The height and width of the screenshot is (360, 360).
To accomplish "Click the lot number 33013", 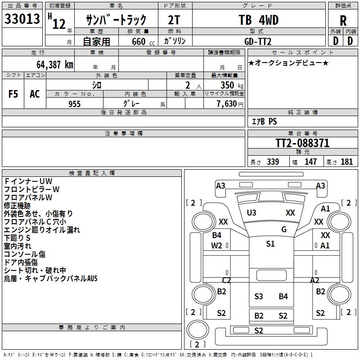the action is click(x=22, y=20).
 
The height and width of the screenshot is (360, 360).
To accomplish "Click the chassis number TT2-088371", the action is click(x=302, y=144).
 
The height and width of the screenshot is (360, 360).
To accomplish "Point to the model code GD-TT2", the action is click(x=258, y=41).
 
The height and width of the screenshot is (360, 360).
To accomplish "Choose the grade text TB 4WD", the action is click(x=258, y=20).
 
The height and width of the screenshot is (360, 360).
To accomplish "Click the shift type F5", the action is click(x=13, y=94).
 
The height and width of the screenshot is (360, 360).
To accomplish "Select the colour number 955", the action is click(x=74, y=104).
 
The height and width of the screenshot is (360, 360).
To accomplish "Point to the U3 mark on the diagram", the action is click(x=252, y=212).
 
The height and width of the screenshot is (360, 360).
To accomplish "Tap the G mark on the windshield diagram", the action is click(x=284, y=229).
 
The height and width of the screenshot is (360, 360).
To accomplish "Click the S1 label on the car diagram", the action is click(x=270, y=244).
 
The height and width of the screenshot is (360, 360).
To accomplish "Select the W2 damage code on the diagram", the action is click(x=216, y=245).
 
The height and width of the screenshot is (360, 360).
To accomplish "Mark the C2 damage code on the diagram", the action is click(x=226, y=280).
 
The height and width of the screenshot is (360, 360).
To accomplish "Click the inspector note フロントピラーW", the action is click(x=31, y=189).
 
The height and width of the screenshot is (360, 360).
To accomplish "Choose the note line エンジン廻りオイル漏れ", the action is click(x=42, y=230).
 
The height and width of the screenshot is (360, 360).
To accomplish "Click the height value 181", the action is click(x=347, y=162).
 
